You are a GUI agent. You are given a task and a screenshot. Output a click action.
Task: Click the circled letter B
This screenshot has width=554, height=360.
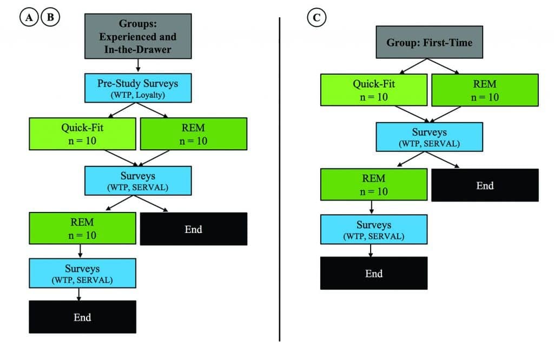pos(50,17)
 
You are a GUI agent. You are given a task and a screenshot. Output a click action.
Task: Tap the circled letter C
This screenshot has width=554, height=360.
pos(316,17)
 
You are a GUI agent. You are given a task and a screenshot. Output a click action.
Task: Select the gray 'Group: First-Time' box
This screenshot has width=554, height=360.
pos(429,42)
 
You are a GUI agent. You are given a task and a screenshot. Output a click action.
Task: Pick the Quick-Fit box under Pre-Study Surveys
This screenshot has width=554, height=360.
pos(82,134)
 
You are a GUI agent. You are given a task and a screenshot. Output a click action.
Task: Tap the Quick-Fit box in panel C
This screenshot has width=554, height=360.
pos(374,90)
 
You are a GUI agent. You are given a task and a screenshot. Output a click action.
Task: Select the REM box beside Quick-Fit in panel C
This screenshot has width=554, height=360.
pos(485,90)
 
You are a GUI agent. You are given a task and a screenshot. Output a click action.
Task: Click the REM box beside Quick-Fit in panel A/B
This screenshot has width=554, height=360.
pos(193,134)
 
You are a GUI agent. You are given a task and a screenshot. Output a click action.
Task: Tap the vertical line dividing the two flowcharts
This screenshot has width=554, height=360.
pos(279,178)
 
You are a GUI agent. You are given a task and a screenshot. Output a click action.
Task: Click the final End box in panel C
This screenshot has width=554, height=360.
pos(374,273)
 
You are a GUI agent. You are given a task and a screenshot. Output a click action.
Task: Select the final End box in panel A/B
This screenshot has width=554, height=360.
pos(82,317)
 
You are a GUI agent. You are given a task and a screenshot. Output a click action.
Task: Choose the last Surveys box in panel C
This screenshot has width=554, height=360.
pos(374,229)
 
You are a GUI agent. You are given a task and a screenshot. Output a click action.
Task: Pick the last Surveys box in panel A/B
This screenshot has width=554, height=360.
pos(82,273)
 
